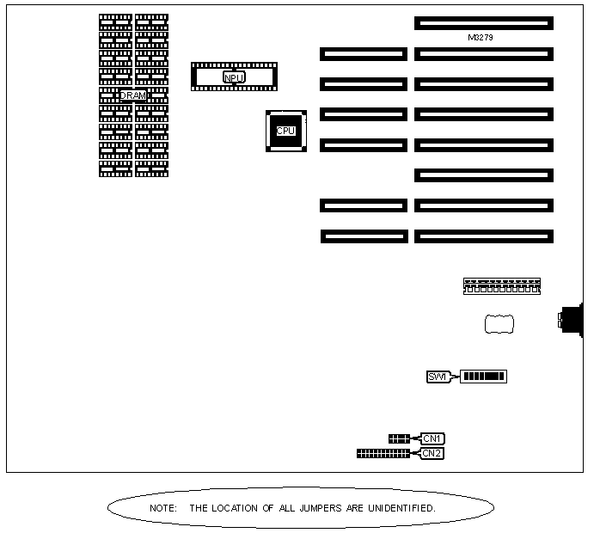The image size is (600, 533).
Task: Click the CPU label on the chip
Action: point(285,132)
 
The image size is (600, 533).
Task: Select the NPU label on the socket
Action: point(234,77)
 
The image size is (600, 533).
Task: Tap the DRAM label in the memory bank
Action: point(133,95)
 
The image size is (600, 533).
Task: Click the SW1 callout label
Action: point(438,377)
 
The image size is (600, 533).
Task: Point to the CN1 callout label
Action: point(432,438)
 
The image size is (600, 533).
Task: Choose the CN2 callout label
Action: point(432,453)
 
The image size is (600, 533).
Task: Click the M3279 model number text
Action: point(480,38)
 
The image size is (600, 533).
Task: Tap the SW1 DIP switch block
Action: point(484,377)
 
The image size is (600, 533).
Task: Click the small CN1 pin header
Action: point(399,438)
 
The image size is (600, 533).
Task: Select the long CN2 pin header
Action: point(383,453)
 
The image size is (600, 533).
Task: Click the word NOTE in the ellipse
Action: point(162,508)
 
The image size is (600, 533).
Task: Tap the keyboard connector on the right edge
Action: point(570,321)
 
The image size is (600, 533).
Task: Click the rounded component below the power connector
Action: point(499,324)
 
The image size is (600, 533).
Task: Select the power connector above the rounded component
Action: point(502,285)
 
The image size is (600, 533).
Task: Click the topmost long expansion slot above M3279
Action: point(484,23)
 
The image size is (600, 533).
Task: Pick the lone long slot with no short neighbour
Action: point(484,175)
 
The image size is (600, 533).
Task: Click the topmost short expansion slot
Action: point(364,54)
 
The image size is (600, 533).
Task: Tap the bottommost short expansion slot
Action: point(364,236)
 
